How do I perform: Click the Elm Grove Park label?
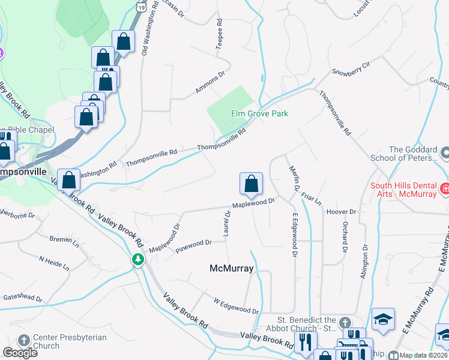[259, 113]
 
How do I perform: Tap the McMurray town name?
[231, 268]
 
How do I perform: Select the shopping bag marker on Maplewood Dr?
[251, 185]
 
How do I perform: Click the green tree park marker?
[139, 259]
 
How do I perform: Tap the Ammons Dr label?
[209, 83]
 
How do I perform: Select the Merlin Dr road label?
[294, 179]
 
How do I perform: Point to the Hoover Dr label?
[342, 212]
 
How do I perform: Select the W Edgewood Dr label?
[236, 305]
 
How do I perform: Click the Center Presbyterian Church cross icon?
[25, 340]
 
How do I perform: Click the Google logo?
[20, 352]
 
